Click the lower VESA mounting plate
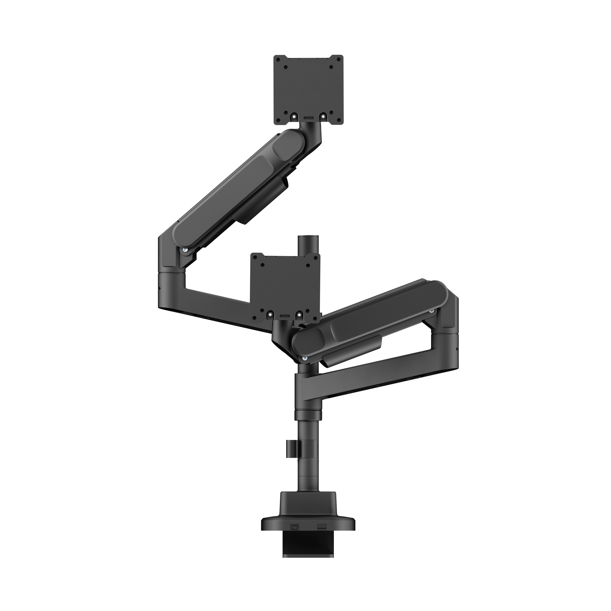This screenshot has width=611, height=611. (x=285, y=278)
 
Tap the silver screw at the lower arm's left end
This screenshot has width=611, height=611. (x=305, y=358)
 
